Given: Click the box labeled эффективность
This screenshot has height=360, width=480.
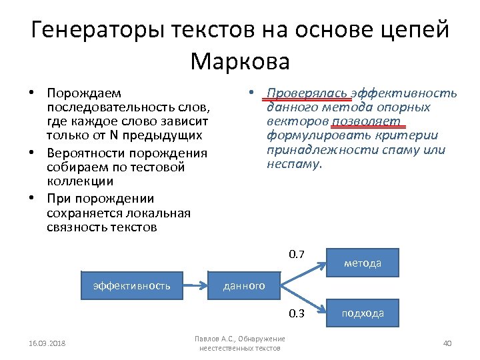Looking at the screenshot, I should (132, 285).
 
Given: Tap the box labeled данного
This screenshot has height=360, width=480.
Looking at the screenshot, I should (243, 285).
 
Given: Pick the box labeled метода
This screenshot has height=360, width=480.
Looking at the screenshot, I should (363, 263).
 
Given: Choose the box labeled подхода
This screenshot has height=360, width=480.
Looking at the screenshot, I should (363, 313).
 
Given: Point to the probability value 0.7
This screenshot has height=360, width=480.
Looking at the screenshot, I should (297, 255).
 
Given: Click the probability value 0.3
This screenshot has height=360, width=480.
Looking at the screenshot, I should (297, 313).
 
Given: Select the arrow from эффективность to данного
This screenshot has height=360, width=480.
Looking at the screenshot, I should (196, 285).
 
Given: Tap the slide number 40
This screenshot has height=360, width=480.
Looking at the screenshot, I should (447, 343).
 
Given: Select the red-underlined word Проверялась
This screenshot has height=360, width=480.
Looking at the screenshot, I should (307, 94).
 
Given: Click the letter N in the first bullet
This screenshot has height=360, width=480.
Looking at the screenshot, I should (113, 136).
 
